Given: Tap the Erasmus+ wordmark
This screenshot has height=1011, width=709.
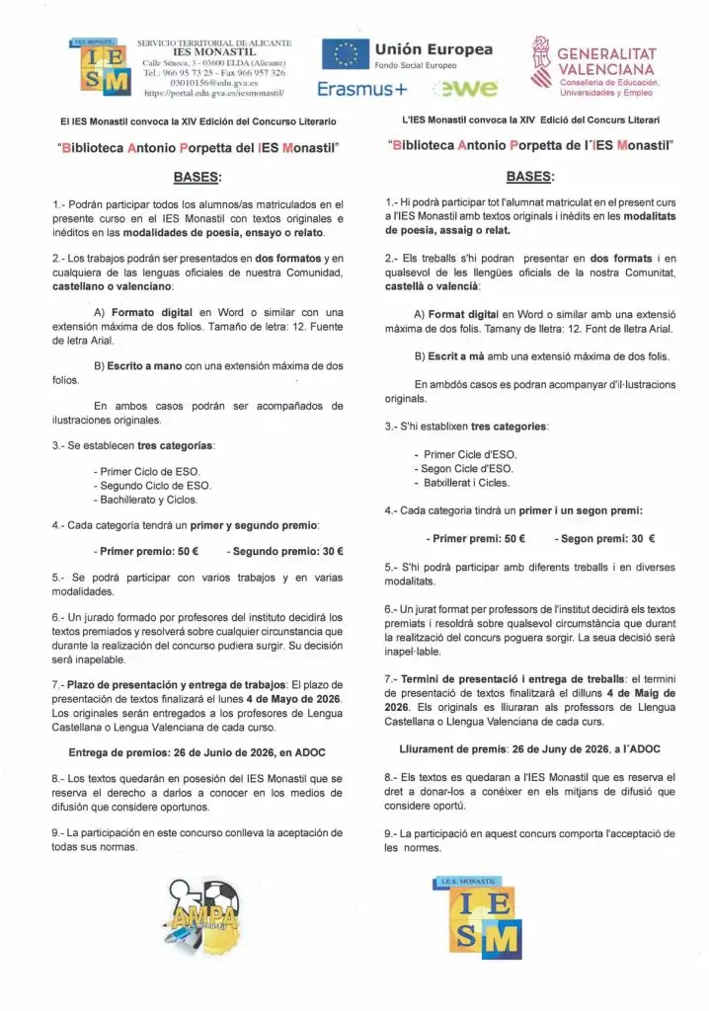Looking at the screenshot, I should click(x=362, y=89).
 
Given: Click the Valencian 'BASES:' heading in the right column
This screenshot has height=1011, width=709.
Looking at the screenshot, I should click(x=530, y=178).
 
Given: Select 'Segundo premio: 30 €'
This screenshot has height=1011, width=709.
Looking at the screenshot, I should click(x=285, y=551).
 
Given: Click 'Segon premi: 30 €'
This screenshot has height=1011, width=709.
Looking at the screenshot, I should click(x=605, y=539).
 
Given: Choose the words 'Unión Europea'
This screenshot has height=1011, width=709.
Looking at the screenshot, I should click(x=433, y=48).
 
